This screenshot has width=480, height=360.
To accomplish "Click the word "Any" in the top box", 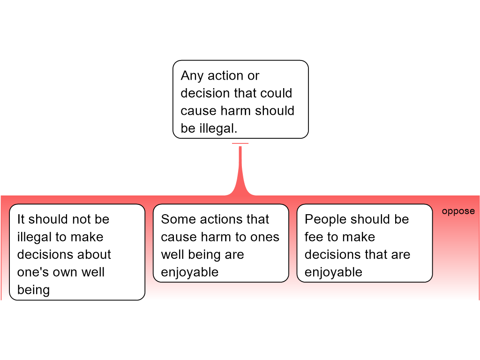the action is coord(192,76).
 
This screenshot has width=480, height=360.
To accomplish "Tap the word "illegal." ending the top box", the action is coord(218,128).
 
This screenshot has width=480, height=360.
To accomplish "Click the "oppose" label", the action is coord(458,211).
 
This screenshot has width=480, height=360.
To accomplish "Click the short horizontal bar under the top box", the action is coord(240,143).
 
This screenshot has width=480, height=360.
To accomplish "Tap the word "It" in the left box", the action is coord(21,219).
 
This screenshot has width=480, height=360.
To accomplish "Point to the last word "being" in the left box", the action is coord(33,290).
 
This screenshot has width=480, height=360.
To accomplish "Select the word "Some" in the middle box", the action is coord(176,219).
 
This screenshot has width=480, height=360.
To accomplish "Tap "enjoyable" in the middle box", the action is coord(190,272).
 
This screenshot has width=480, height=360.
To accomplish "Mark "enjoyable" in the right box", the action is coord(333,272).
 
